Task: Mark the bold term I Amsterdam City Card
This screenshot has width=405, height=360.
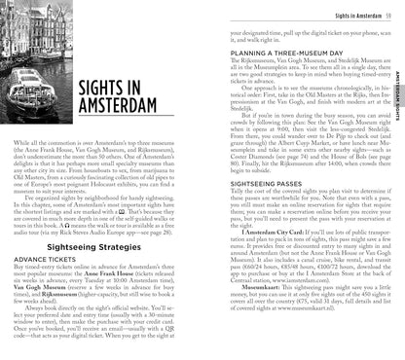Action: [262, 262]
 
